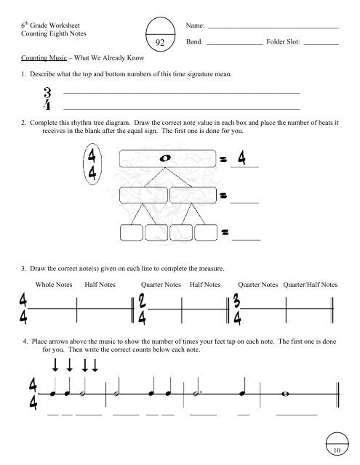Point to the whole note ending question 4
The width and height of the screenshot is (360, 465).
[289, 396]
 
